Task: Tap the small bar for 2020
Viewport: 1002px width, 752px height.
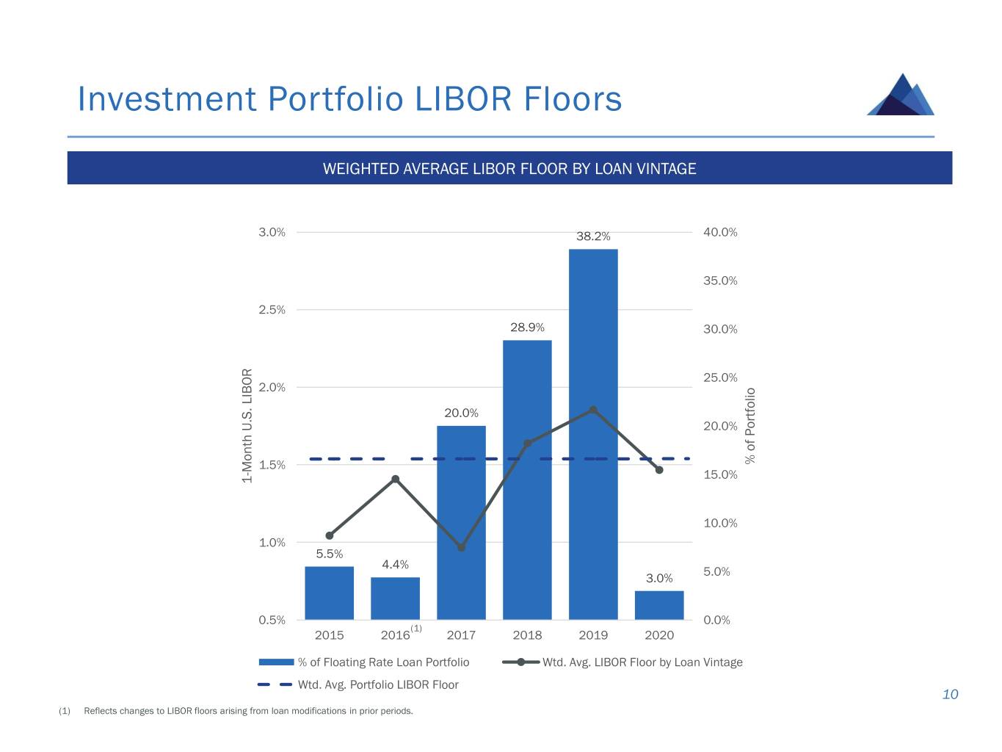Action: coord(659,605)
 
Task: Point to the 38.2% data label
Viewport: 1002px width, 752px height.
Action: coord(593,236)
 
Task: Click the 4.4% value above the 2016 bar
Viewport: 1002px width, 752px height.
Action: coord(395,565)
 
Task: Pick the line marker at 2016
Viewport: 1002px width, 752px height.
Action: coord(395,479)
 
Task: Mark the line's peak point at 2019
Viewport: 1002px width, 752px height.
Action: coord(593,410)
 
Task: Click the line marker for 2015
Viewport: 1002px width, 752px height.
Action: coord(329,535)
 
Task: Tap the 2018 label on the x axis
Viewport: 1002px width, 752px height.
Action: coord(527,635)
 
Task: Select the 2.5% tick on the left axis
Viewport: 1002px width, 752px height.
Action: coord(272,310)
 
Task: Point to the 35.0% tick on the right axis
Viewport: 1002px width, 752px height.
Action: coord(720,281)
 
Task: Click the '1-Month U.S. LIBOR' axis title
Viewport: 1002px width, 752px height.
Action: coord(247,426)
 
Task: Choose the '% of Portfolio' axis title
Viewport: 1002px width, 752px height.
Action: coord(750,426)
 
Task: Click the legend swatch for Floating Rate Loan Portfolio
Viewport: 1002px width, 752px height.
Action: coord(276,662)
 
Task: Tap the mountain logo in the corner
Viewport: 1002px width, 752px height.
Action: coord(901,95)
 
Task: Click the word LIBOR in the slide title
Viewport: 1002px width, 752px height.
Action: coord(462,100)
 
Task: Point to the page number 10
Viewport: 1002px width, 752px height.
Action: coord(950,695)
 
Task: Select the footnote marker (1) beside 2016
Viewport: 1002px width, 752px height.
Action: coord(416,628)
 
